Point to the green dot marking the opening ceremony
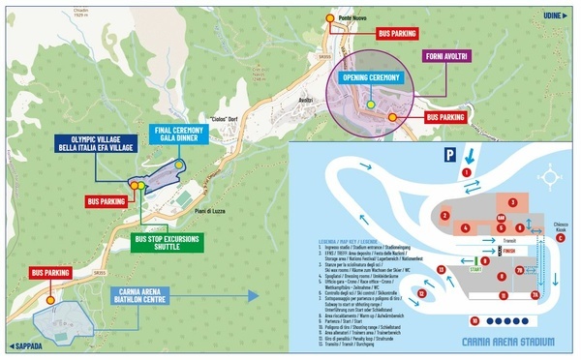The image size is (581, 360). click(x=370, y=103)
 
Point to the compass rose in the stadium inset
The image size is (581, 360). click(x=553, y=177)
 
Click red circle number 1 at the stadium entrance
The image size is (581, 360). click(x=467, y=171)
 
